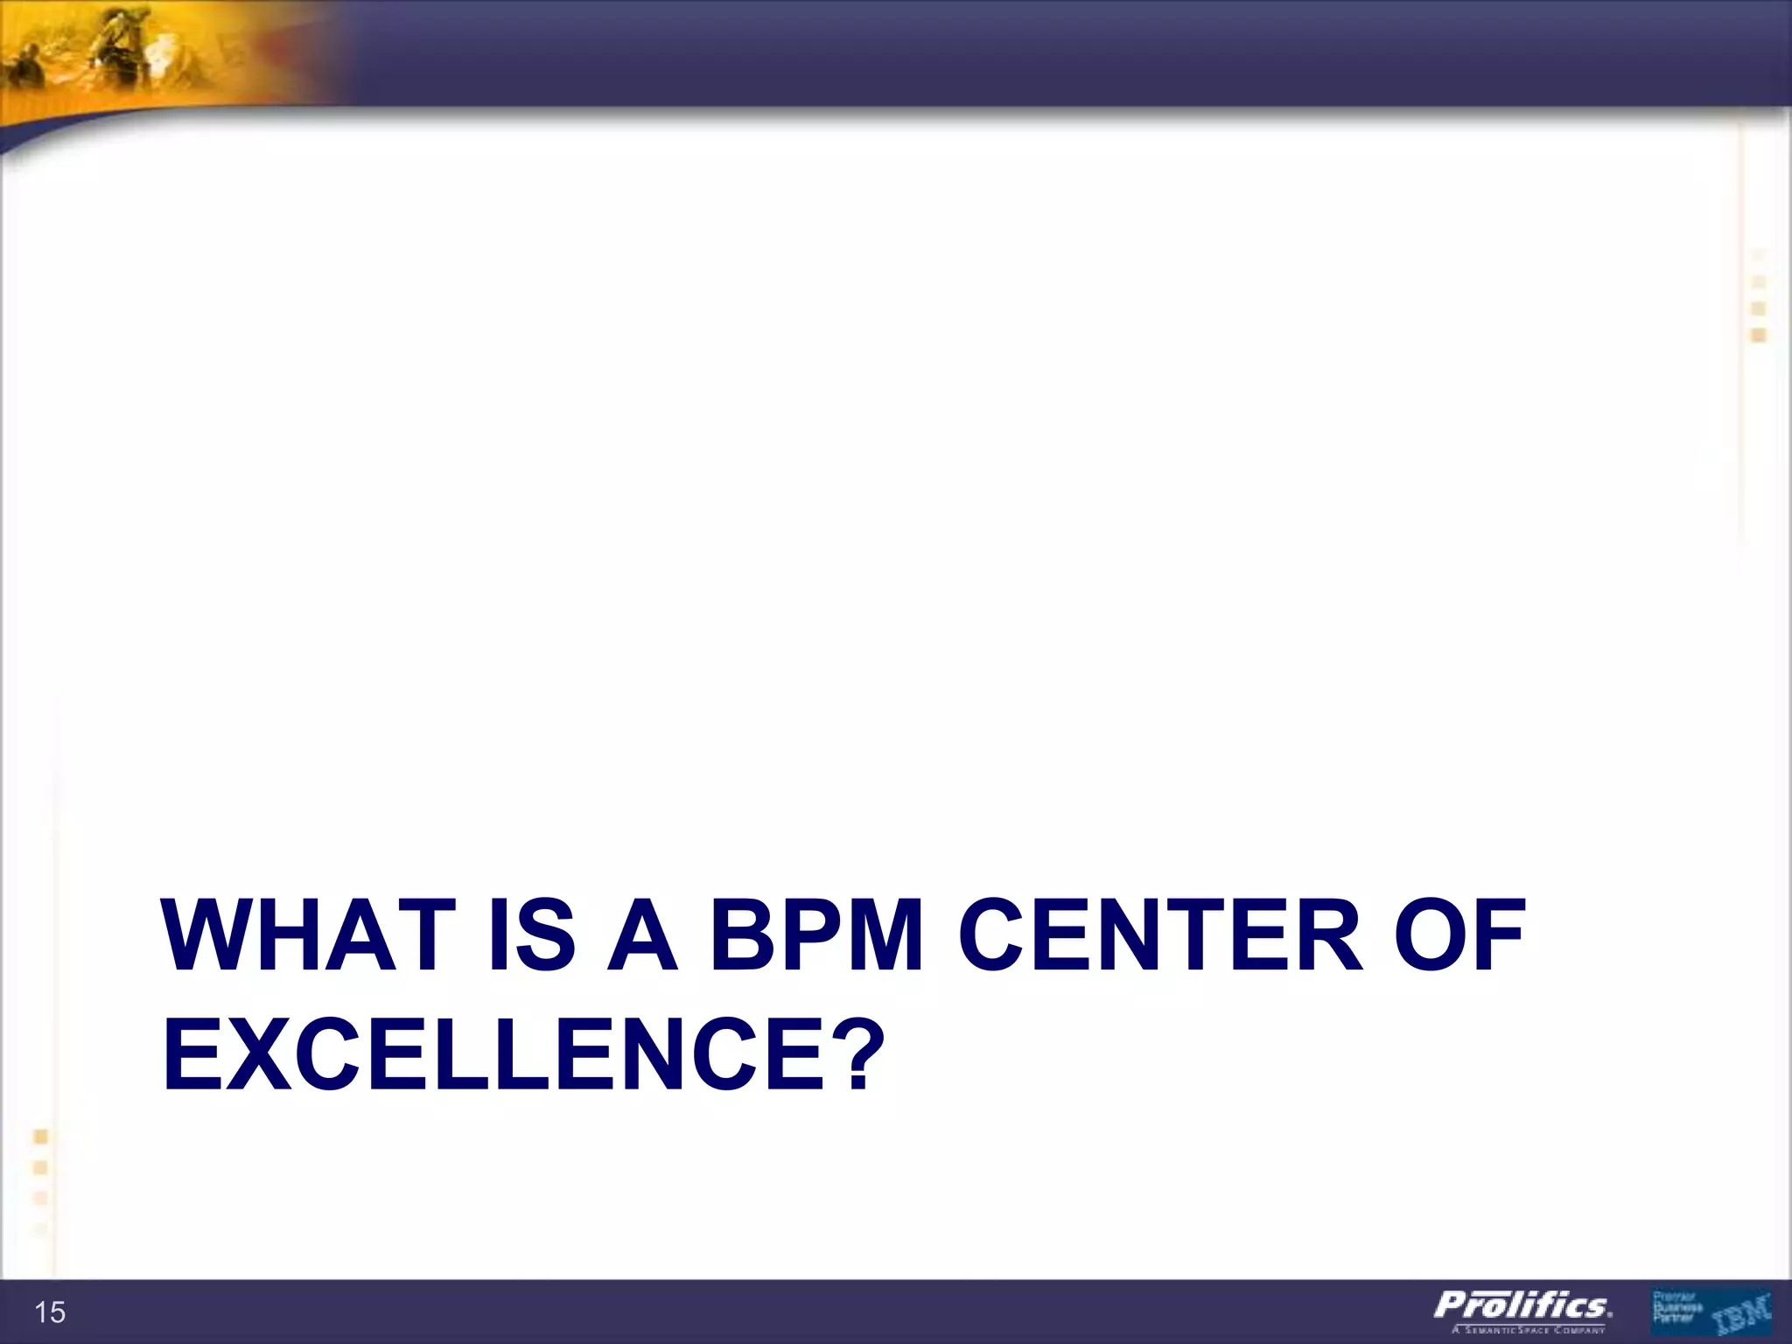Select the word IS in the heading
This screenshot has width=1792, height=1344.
[x=532, y=936]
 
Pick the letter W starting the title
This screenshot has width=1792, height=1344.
[x=208, y=936]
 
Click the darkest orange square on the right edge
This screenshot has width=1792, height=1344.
[x=1759, y=335]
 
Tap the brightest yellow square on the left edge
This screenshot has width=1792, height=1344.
[x=40, y=1137]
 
